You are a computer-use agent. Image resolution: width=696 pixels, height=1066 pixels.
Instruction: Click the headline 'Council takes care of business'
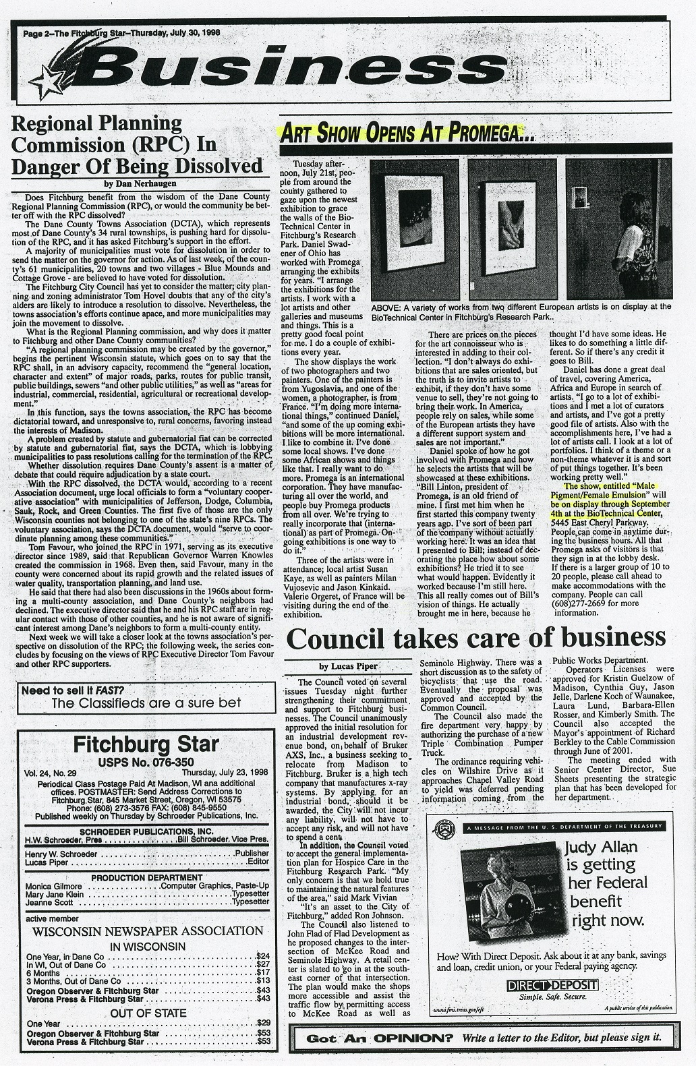476,638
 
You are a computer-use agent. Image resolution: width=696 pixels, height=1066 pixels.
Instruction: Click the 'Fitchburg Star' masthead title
146,744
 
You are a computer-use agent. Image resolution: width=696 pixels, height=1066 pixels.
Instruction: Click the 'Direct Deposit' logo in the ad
561,986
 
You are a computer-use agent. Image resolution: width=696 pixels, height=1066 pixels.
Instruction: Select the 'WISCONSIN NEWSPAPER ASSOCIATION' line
146,932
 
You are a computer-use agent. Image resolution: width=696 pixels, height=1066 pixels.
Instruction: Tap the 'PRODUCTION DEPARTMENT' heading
146,877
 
